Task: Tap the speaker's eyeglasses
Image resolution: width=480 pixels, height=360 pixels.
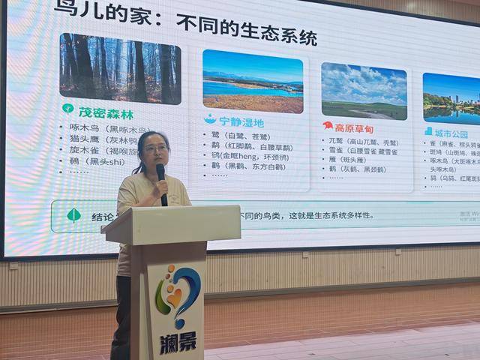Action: (156, 148)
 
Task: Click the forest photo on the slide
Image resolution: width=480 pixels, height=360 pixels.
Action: (120, 68)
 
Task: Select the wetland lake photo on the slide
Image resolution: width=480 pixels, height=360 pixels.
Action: (252, 81)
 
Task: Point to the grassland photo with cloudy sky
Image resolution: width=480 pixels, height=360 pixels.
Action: (364, 91)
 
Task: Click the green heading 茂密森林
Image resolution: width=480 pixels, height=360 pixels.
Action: (106, 114)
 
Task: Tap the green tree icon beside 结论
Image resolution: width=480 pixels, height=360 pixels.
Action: (73, 216)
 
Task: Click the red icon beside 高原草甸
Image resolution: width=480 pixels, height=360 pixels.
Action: (328, 126)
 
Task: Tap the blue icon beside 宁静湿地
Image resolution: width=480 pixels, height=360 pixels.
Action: (210, 119)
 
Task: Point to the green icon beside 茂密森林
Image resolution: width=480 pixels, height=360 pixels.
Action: (67, 109)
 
